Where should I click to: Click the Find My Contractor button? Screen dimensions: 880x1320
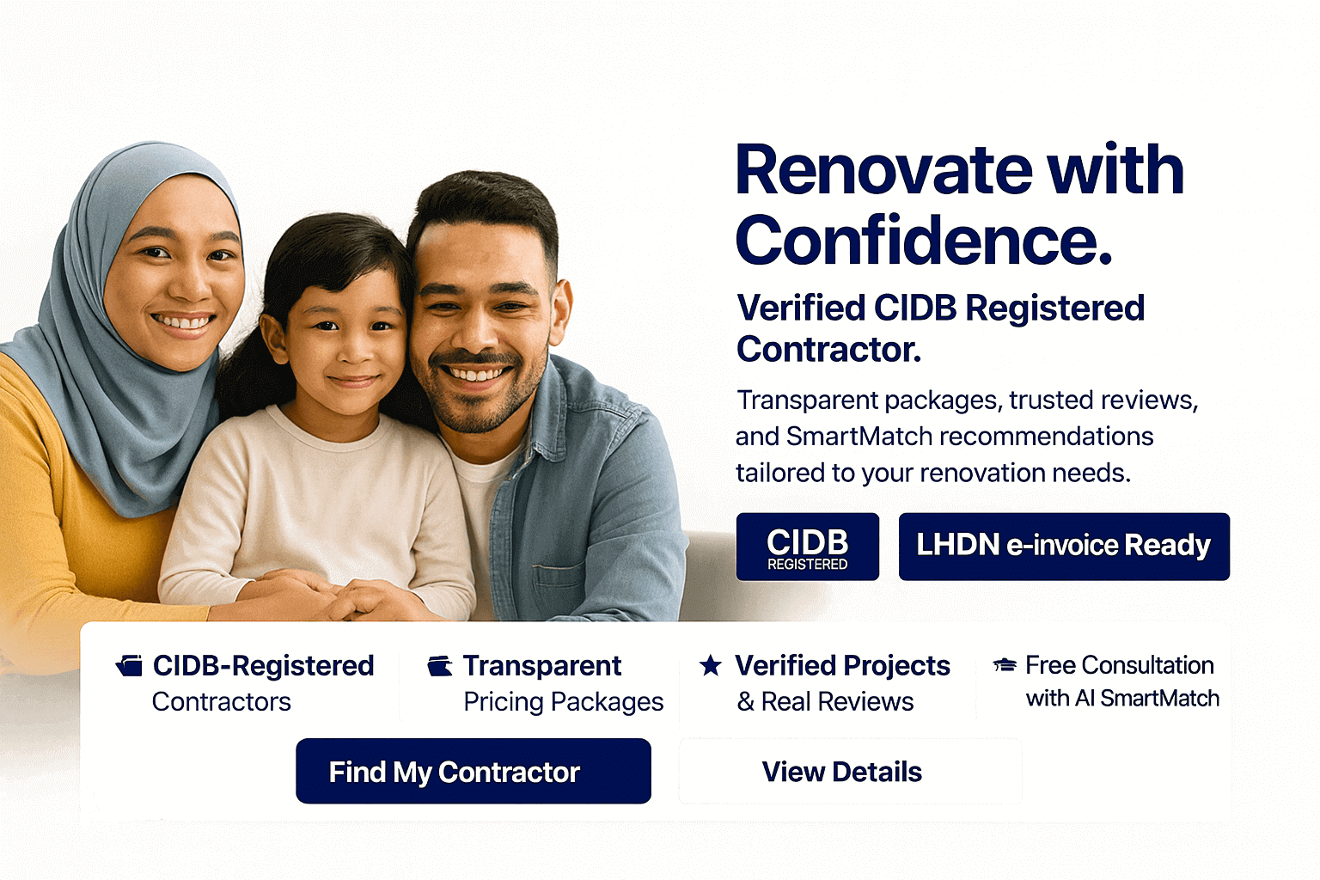[474, 772]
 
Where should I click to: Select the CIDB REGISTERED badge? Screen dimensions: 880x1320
[807, 547]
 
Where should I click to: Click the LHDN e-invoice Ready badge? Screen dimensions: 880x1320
[1064, 547]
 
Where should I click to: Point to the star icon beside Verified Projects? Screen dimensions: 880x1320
[711, 665]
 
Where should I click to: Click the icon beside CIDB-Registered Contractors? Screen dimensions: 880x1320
[130, 666]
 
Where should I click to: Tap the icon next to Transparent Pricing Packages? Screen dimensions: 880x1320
[440, 666]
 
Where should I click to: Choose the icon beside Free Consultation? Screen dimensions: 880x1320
[1005, 665]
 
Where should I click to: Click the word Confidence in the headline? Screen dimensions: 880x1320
[923, 241]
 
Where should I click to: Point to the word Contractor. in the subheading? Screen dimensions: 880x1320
[828, 350]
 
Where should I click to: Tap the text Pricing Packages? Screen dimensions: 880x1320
[563, 702]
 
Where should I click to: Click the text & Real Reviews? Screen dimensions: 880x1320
[825, 702]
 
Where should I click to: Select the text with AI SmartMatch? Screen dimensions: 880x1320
[1122, 699]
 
